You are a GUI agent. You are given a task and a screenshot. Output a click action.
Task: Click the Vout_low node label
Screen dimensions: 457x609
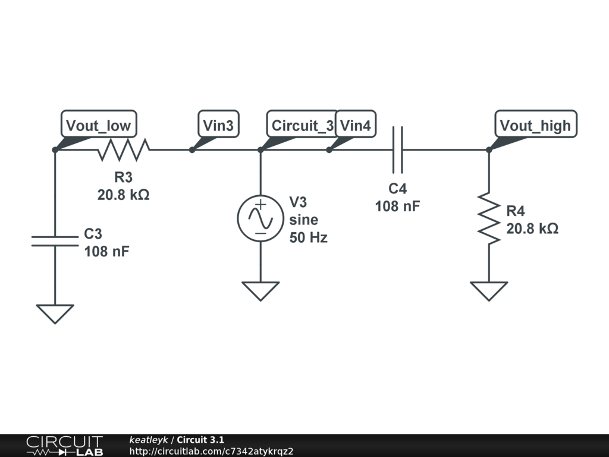tap(99, 125)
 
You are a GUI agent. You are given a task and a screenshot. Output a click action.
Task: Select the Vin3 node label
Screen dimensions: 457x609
tap(218, 125)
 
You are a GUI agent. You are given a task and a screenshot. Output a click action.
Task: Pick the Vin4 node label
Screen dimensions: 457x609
tap(356, 125)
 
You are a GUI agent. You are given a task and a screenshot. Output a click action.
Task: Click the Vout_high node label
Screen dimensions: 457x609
tap(535, 125)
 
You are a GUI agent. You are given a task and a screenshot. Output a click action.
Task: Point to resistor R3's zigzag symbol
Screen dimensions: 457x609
tap(123, 150)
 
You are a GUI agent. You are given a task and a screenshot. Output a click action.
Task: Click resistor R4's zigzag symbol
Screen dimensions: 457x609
tap(489, 217)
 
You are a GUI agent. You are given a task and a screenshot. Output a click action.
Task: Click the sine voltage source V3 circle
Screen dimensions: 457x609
tap(260, 218)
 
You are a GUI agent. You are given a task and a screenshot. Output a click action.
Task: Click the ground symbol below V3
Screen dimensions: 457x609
tap(260, 290)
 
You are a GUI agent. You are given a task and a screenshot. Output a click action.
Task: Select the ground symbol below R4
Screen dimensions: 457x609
tap(489, 290)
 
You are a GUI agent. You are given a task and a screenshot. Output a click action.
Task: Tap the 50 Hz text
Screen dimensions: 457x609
tap(308, 237)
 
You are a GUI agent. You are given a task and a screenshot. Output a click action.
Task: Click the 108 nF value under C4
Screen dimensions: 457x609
tap(397, 206)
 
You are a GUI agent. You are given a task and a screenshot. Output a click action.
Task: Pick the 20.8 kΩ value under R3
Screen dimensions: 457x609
tap(123, 195)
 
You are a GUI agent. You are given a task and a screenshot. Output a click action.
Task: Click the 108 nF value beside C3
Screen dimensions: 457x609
tap(106, 251)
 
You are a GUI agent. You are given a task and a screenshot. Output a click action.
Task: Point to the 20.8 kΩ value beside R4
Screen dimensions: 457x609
tap(532, 228)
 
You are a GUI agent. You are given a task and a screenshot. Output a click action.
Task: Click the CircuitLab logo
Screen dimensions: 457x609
tap(64, 446)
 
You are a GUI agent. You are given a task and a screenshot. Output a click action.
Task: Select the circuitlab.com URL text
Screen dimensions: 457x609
tap(211, 452)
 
